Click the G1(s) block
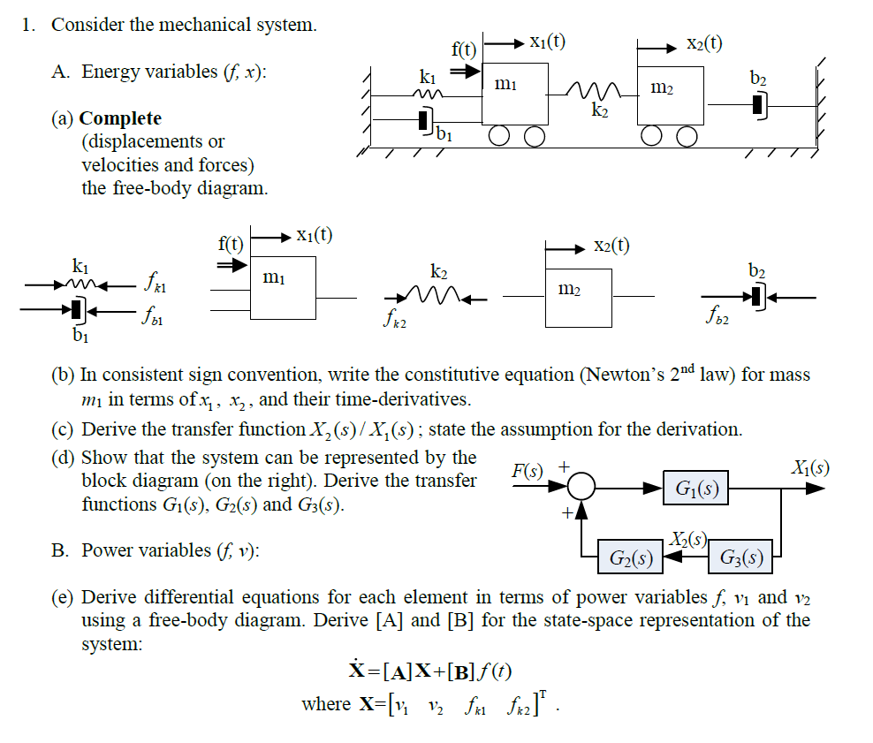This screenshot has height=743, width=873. [x=696, y=488]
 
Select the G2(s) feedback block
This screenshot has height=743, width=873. [x=631, y=557]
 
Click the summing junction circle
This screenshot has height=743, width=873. [x=582, y=487]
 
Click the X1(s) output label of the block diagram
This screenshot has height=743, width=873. [x=808, y=468]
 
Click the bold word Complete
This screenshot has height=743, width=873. [x=120, y=118]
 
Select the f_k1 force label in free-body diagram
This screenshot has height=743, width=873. [x=155, y=286]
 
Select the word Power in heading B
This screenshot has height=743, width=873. [x=106, y=550]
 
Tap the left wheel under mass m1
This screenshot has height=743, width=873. [x=501, y=135]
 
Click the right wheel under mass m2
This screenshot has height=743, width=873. [x=687, y=135]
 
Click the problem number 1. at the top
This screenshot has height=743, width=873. [x=30, y=25]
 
